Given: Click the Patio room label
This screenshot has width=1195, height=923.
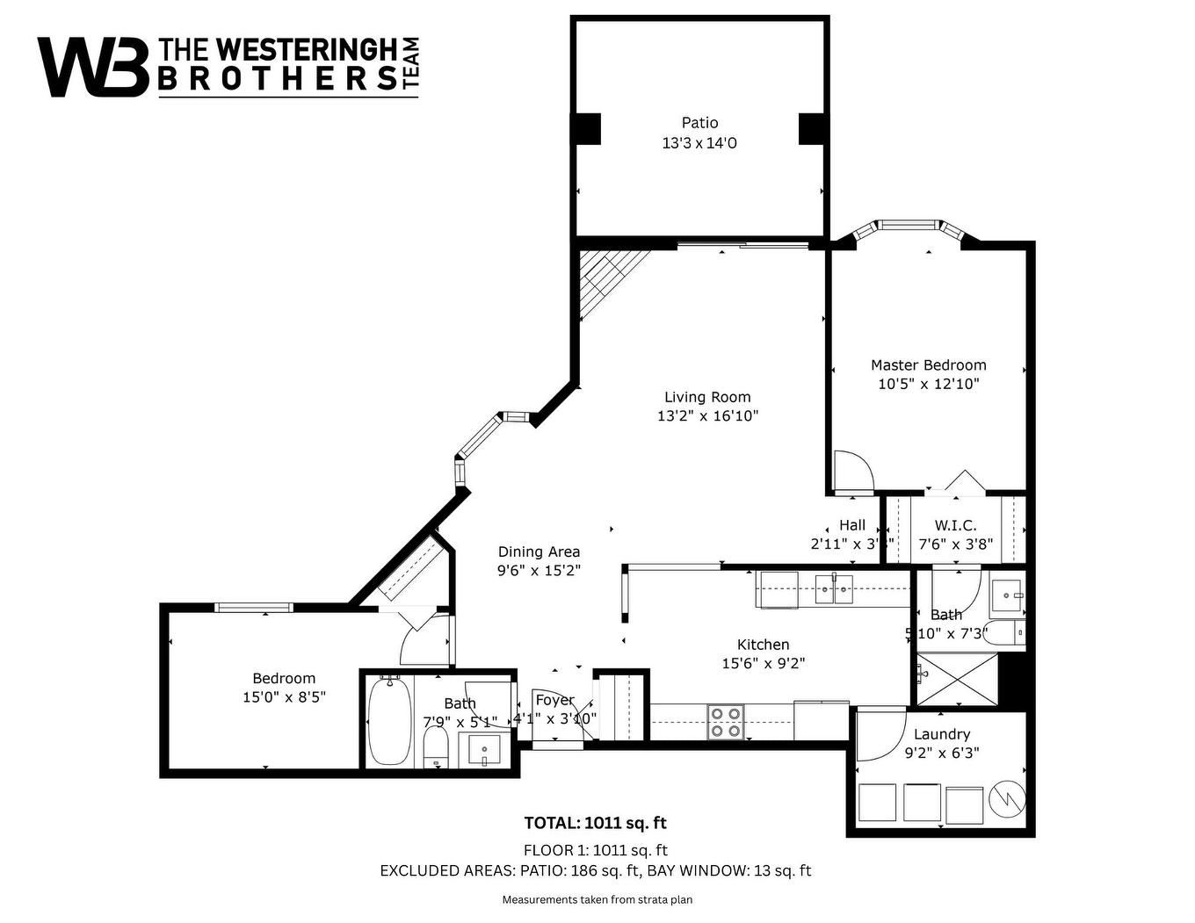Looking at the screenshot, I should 699,123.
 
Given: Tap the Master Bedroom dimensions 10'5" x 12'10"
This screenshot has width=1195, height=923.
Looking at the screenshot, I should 928,384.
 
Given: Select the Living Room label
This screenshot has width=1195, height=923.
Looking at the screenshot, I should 707,397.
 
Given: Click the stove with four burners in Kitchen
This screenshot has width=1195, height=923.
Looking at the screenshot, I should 726,721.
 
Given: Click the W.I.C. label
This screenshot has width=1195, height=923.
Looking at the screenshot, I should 955,525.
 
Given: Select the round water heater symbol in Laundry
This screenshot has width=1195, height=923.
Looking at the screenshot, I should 1006,800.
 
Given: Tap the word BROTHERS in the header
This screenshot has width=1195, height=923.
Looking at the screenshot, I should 277,78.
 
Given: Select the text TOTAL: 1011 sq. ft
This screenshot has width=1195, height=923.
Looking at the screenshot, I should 595,823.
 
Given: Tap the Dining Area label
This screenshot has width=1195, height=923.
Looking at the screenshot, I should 539,552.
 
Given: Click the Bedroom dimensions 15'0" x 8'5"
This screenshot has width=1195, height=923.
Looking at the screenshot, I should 284,697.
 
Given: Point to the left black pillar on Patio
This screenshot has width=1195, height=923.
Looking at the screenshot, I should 587,129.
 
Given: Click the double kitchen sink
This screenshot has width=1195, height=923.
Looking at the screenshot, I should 834,589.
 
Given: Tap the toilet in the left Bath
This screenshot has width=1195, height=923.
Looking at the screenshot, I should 436,749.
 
